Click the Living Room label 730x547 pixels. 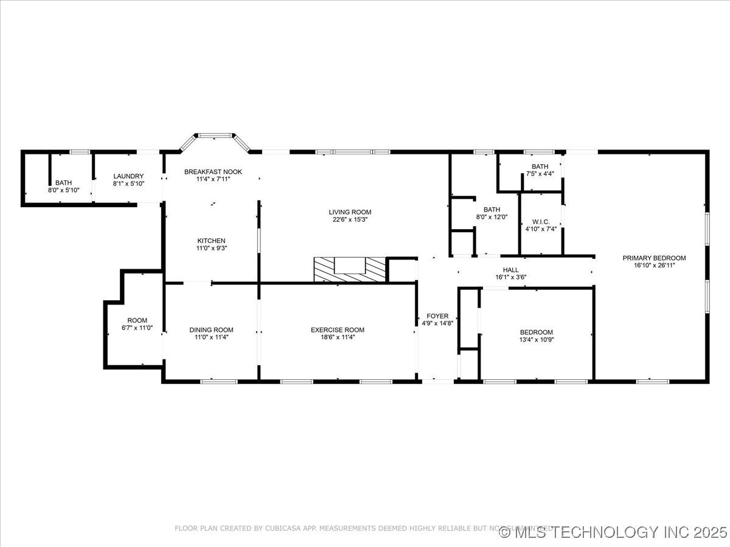pyautogui.click(x=350, y=212)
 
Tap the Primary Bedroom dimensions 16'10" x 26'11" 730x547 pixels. pyautogui.click(x=654, y=265)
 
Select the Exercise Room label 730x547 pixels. pyautogui.click(x=338, y=330)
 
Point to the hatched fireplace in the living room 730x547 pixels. pyautogui.click(x=350, y=269)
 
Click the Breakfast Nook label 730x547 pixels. pyautogui.click(x=213, y=172)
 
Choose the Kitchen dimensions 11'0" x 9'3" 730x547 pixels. pyautogui.click(x=211, y=248)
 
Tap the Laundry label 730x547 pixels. pyautogui.click(x=128, y=176)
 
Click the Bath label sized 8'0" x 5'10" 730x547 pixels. pyautogui.click(x=63, y=182)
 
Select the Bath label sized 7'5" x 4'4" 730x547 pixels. pyautogui.click(x=540, y=167)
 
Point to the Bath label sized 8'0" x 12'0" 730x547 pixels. pyautogui.click(x=492, y=210)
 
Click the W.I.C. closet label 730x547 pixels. pyautogui.click(x=541, y=222)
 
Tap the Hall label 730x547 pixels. pyautogui.click(x=511, y=270)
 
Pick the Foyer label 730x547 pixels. pyautogui.click(x=437, y=316)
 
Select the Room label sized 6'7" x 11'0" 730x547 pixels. pyautogui.click(x=137, y=320)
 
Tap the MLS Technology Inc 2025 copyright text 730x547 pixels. pyautogui.click(x=613, y=532)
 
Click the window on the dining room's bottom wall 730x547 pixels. pyautogui.click(x=219, y=381)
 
